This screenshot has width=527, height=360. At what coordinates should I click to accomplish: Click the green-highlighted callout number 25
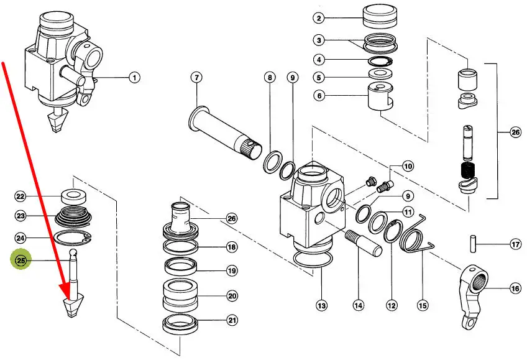(21, 260)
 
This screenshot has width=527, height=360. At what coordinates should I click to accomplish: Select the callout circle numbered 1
(134, 78)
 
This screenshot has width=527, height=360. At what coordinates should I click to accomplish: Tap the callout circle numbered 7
(196, 78)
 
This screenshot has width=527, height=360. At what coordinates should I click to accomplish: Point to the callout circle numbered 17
(515, 244)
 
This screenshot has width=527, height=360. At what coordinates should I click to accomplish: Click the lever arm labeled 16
(473, 297)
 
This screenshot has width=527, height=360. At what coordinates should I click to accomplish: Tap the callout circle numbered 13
(322, 305)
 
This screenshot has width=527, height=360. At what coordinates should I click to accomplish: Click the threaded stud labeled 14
(364, 242)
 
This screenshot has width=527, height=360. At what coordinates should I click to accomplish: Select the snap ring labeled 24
(73, 238)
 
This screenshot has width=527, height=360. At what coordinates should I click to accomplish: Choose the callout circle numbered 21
(232, 320)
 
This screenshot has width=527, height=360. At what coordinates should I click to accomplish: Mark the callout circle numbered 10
(408, 166)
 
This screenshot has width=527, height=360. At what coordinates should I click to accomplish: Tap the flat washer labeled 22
(73, 196)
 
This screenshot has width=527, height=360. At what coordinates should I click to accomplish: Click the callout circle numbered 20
(232, 296)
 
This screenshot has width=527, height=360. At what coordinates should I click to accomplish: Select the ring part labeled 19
(180, 266)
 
